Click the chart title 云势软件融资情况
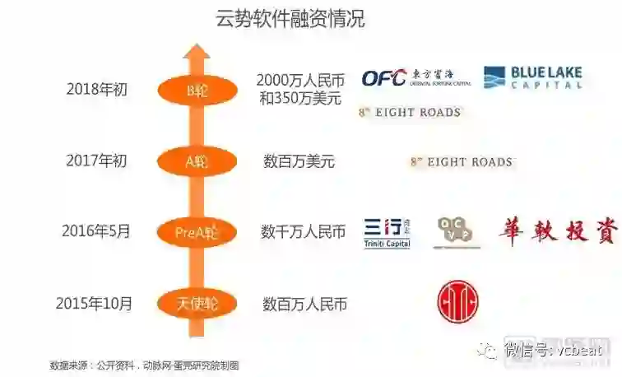pos(290,19)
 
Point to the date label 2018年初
pos(97,89)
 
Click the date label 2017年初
pos(97,161)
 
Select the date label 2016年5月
pos(95,231)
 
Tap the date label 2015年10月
pos(94,303)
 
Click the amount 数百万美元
pos(299,161)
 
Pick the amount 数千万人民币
pos(304,232)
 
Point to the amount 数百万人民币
pos(304,304)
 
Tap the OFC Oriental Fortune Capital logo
pos(411,78)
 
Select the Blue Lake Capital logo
pos(532,78)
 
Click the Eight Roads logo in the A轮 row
pos(461,162)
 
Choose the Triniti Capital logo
pos(387,233)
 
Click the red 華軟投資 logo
pos(557,232)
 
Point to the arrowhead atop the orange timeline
pos(196,56)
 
